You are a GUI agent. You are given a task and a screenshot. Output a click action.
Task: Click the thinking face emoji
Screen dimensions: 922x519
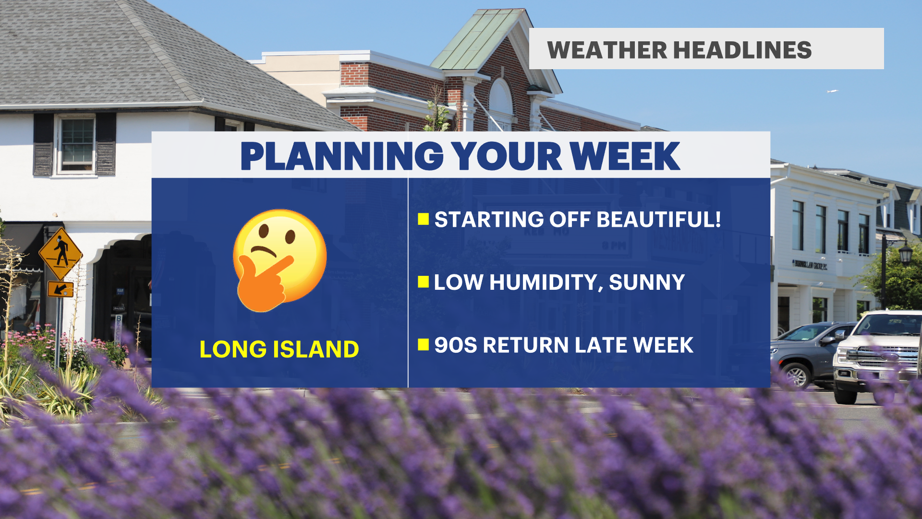279,260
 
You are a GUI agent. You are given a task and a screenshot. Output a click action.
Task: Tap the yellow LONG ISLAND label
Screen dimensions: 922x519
279,349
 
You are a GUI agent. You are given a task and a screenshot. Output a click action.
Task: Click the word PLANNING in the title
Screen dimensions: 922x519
341,156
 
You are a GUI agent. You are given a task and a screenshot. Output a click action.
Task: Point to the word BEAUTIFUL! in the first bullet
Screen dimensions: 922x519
658,220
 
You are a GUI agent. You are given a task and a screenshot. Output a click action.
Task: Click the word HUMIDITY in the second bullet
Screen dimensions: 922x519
546,283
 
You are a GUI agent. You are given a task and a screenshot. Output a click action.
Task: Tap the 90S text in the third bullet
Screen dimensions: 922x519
456,345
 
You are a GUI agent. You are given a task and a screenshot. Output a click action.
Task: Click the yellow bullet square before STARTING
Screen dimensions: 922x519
423,219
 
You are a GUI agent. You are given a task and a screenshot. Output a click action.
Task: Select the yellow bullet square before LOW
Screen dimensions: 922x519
423,282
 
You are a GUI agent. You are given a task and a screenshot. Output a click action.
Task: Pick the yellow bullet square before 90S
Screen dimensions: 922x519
423,345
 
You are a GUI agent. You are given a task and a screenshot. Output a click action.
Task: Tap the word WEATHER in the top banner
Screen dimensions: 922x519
607,50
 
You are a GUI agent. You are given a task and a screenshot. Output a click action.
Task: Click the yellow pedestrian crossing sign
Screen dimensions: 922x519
61,254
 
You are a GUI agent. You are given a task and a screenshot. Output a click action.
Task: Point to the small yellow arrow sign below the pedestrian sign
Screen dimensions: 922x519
61,289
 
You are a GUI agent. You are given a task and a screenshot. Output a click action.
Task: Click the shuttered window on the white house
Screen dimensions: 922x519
75,144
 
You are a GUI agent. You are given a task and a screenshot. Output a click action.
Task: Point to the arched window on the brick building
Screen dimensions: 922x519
500,104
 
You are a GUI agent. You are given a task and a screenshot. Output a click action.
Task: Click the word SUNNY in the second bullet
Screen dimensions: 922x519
647,283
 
